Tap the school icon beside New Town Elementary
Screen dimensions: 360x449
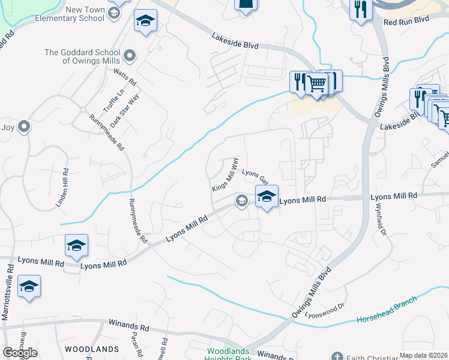[145, 22]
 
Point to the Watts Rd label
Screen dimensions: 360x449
[125, 76]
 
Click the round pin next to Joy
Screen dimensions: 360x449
[24, 127]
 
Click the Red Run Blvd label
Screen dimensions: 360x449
[406, 21]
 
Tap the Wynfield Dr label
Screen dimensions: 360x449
[381, 223]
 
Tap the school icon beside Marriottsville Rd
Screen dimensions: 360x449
[29, 286]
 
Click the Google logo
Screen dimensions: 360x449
[20, 353]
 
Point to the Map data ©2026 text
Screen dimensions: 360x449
[423, 355]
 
